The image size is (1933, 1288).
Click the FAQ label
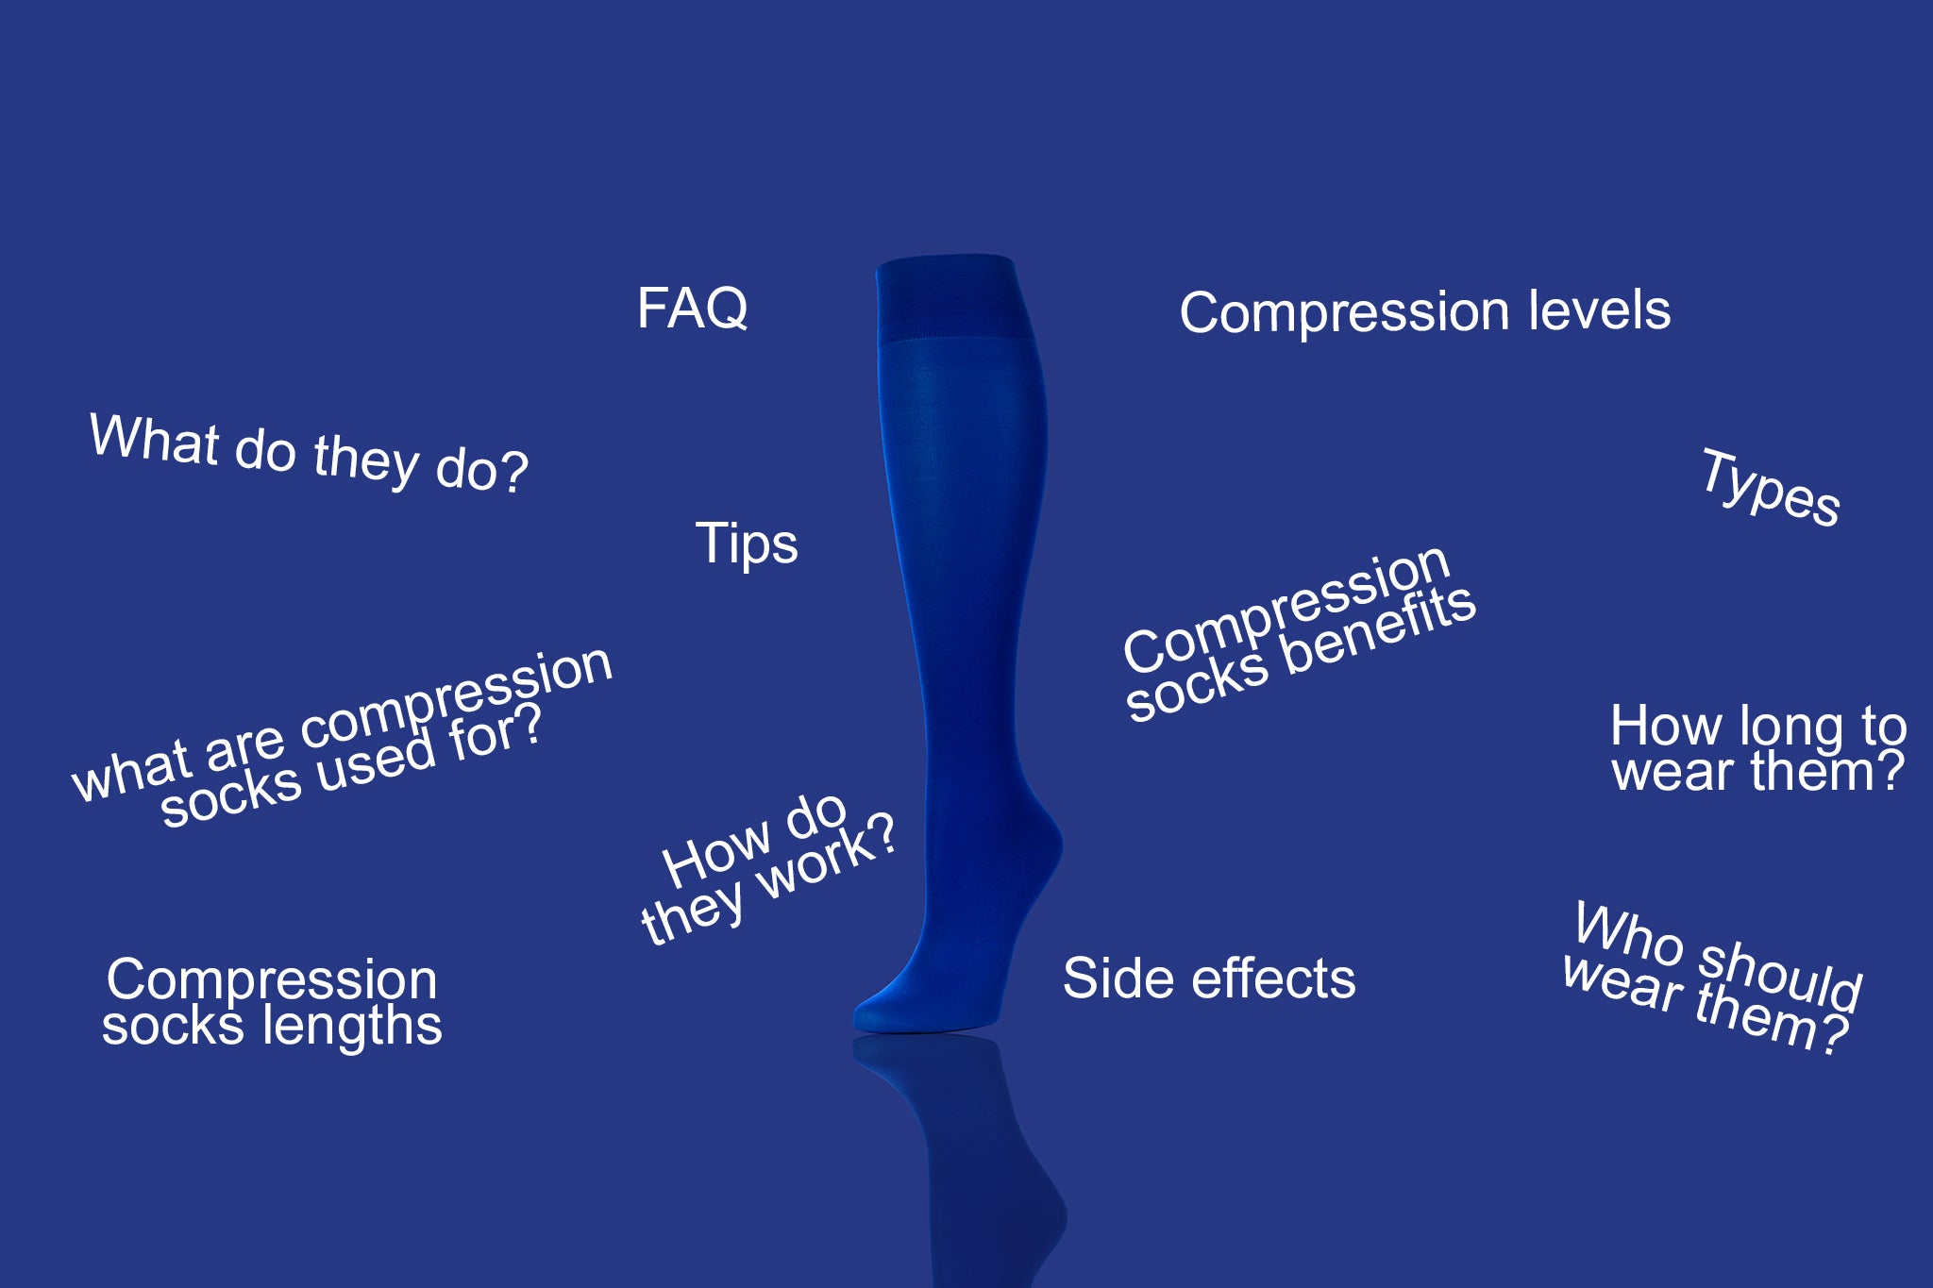pyautogui.click(x=693, y=309)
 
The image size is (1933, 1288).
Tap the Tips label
pyautogui.click(x=747, y=544)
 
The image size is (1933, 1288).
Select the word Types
pyautogui.click(x=1771, y=489)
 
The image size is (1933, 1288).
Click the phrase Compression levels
pyautogui.click(x=1424, y=311)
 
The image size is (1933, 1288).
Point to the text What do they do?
pyautogui.click(x=309, y=453)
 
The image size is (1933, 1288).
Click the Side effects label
pyautogui.click(x=1209, y=979)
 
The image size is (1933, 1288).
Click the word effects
pyautogui.click(x=1273, y=979)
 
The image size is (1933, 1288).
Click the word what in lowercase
pyautogui.click(x=132, y=771)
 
